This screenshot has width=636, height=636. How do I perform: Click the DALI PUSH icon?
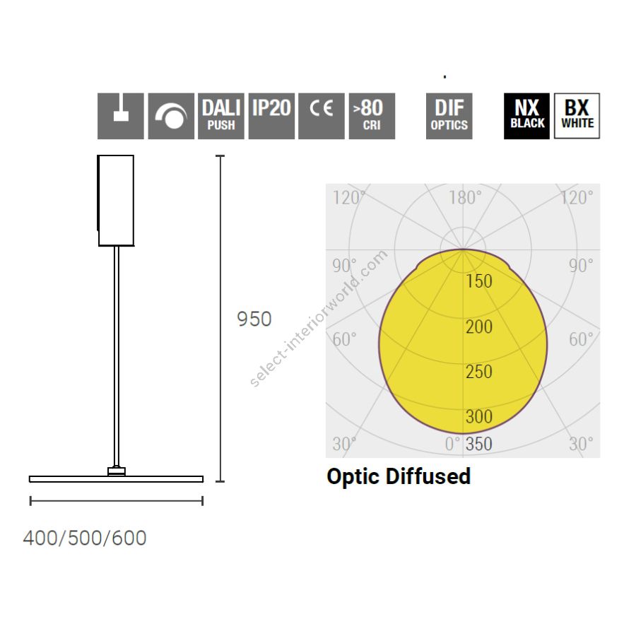(x=221, y=116)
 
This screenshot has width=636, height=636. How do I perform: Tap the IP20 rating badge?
(x=271, y=116)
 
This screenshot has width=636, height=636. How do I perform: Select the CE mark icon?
(x=322, y=116)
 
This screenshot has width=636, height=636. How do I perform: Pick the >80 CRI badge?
(x=372, y=116)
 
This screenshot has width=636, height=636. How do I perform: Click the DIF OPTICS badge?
(x=449, y=116)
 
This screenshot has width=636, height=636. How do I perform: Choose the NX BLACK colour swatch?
(x=526, y=116)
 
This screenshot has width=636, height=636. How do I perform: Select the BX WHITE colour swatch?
(x=577, y=116)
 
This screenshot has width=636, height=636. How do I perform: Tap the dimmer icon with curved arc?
(x=171, y=116)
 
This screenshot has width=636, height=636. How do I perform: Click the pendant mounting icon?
(x=120, y=116)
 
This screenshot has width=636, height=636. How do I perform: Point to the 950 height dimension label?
(x=254, y=319)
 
